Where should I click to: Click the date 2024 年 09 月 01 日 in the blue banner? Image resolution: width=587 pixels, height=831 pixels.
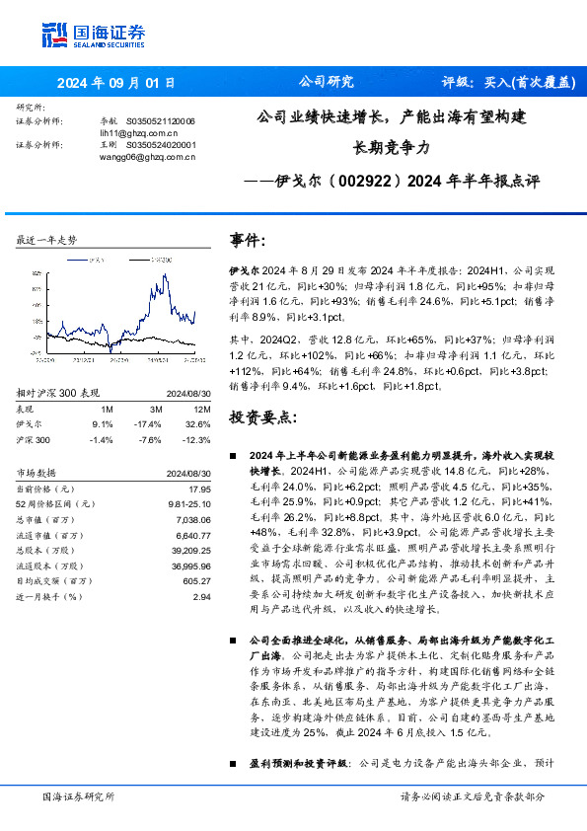pyautogui.click(x=115, y=83)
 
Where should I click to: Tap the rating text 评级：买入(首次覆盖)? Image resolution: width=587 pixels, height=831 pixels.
pyautogui.click(x=508, y=83)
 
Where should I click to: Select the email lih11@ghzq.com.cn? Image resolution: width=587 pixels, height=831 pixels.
pyautogui.click(x=124, y=131)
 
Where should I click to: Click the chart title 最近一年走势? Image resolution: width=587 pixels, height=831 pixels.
pyautogui.click(x=46, y=241)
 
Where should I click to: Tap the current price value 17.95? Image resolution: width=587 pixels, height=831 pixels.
pyautogui.click(x=200, y=489)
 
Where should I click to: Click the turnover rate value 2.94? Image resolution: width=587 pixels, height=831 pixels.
pyautogui.click(x=201, y=597)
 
